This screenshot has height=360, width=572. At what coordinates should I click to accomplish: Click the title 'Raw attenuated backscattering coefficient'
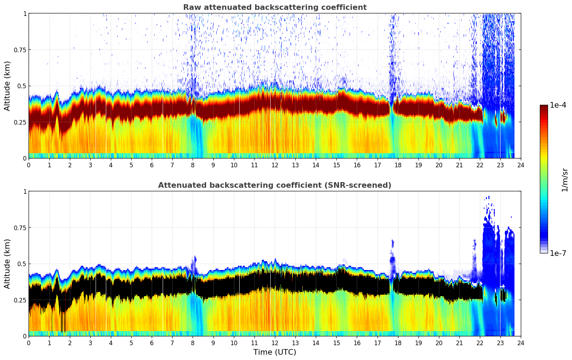[x=275, y=7]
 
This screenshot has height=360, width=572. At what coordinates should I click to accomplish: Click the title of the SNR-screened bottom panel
[x=275, y=185]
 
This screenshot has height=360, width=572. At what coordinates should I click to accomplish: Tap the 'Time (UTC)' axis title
[x=275, y=352]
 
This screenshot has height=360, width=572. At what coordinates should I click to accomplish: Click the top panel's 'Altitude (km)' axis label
[x=7, y=86]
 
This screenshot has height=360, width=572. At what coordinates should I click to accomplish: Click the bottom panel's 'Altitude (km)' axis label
[x=7, y=264]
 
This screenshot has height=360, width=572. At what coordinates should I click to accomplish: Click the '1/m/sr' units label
[x=565, y=180]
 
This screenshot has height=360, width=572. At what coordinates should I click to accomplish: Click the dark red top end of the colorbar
[x=543, y=107]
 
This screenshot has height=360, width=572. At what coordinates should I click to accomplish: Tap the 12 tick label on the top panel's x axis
[x=275, y=165]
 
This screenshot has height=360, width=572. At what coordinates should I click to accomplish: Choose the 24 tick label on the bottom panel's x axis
[x=521, y=343]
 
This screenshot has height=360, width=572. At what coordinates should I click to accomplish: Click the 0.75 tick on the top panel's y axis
[x=20, y=50]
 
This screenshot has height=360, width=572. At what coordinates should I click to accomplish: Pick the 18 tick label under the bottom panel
[x=398, y=343]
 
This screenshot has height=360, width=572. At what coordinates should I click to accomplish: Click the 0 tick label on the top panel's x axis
[x=29, y=165]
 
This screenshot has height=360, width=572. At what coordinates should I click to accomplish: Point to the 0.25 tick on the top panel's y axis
[x=20, y=122]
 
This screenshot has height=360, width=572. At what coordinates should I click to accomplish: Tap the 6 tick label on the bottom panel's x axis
[x=152, y=343]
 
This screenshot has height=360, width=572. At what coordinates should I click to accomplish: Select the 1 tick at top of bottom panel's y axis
[x=25, y=192]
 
